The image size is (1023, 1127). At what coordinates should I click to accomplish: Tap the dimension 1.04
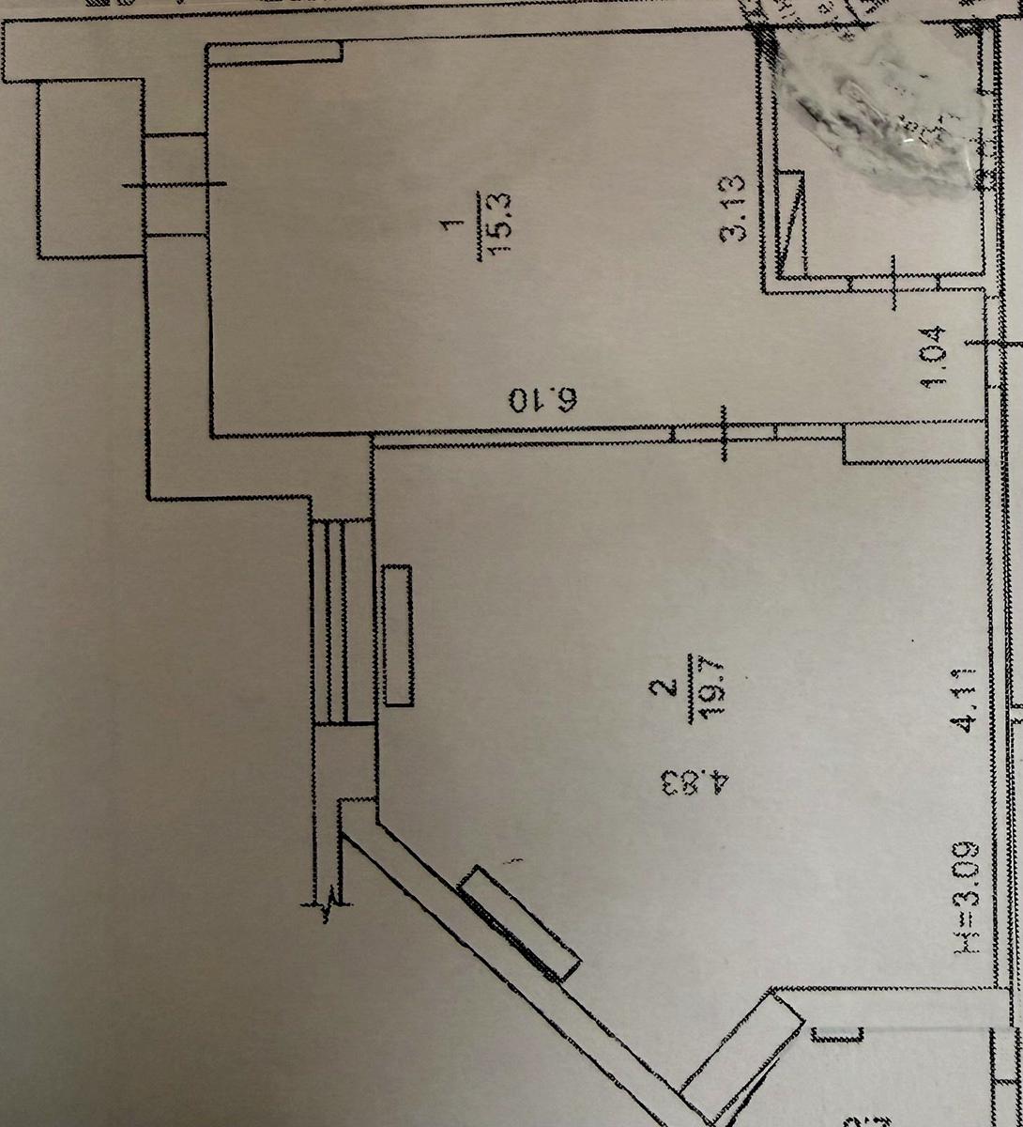[x=942, y=356]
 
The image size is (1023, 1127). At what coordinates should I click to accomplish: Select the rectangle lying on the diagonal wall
[x=520, y=923]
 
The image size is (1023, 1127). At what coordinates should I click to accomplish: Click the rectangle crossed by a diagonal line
[x=793, y=224]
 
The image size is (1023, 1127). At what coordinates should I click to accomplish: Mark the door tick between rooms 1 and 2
[x=724, y=433]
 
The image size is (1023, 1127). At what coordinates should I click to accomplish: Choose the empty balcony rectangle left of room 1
[x=88, y=169]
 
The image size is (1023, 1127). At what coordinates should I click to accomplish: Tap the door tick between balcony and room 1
[x=175, y=185]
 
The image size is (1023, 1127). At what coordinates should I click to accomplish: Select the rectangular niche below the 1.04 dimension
[x=914, y=444]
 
